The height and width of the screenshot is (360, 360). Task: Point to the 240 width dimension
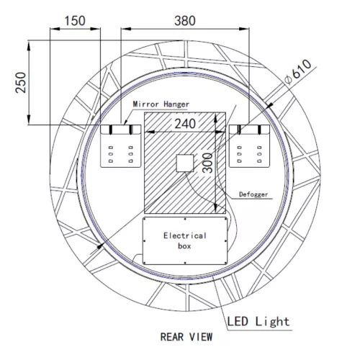tap(184, 123)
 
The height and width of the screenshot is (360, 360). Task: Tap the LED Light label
tap(258, 321)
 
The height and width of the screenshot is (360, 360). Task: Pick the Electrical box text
tap(184, 240)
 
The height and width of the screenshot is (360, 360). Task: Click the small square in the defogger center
tap(186, 163)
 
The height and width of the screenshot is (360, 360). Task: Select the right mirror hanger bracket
tap(249, 146)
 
